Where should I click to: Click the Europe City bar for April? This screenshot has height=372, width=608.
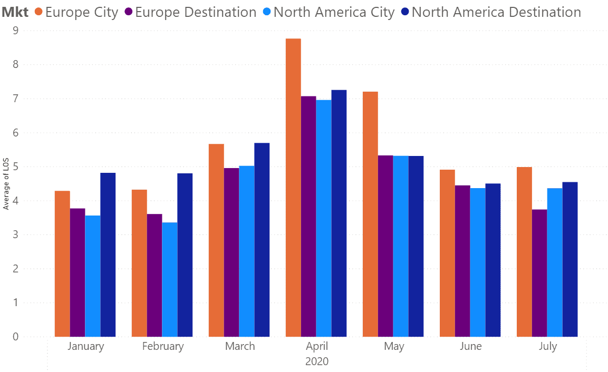pyautogui.click(x=293, y=188)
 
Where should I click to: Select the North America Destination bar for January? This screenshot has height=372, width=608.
pyautogui.click(x=108, y=254)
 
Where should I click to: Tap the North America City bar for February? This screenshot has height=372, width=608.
pyautogui.click(x=169, y=279)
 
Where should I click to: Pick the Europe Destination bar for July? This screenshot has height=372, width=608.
pyautogui.click(x=539, y=273)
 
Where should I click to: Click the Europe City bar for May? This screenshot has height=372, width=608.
pyautogui.click(x=370, y=214)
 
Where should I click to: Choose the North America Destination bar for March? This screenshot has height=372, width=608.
pyautogui.click(x=262, y=240)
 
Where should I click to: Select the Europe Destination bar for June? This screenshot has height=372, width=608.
pyautogui.click(x=462, y=261)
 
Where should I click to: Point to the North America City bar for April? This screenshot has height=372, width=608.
pyautogui.click(x=324, y=218)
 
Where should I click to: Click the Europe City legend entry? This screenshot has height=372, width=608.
pyautogui.click(x=76, y=12)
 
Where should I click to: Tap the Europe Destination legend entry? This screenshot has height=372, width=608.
pyautogui.click(x=190, y=12)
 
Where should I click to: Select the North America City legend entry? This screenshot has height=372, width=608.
pyautogui.click(x=329, y=12)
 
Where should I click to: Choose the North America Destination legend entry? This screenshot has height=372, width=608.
pyautogui.click(x=491, y=12)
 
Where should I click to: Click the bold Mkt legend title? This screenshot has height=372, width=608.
pyautogui.click(x=15, y=12)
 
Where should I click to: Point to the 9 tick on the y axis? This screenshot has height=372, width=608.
pyautogui.click(x=15, y=30)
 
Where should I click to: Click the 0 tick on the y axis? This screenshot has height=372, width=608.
pyautogui.click(x=15, y=336)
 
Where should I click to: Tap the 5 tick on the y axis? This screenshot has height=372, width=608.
pyautogui.click(x=15, y=167)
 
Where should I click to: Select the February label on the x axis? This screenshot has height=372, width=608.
pyautogui.click(x=163, y=346)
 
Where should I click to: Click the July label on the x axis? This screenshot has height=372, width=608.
pyautogui.click(x=547, y=346)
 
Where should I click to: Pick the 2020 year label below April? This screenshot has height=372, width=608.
pyautogui.click(x=317, y=361)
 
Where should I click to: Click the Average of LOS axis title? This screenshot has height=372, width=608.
pyautogui.click(x=6, y=184)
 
